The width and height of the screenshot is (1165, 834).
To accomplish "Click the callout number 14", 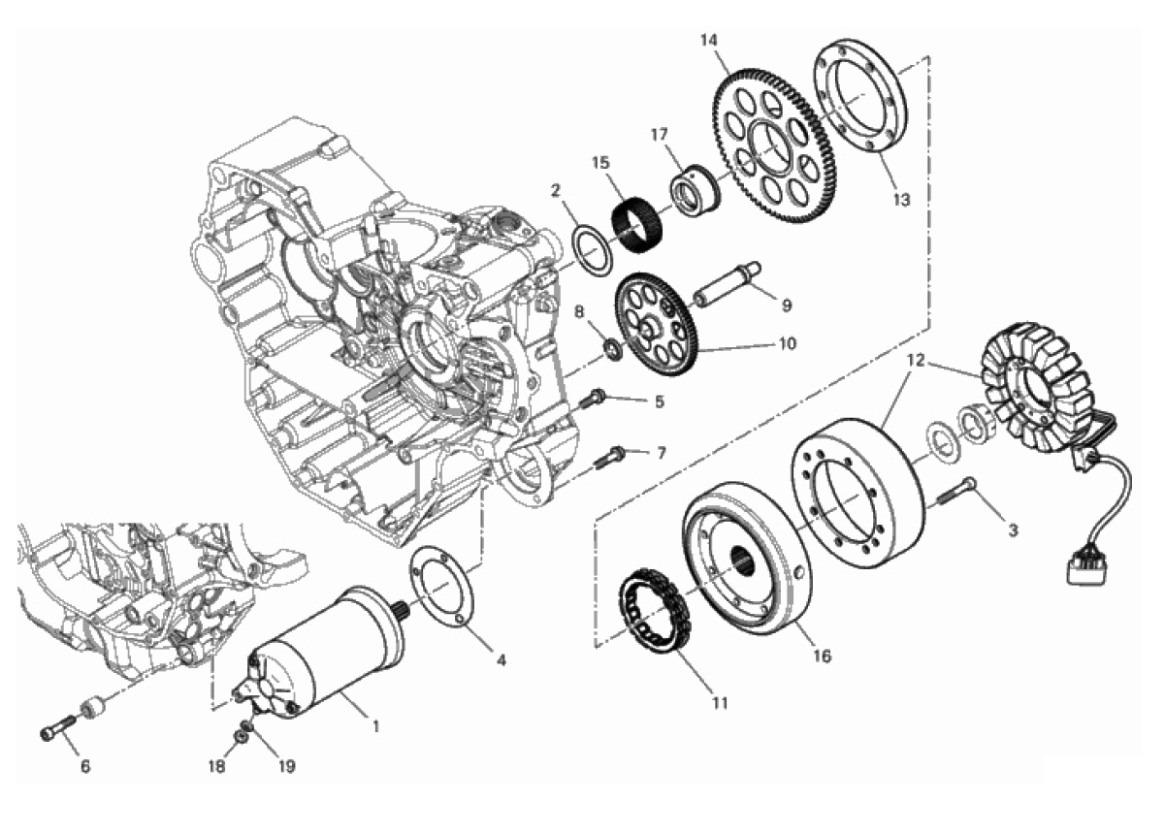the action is tap(709, 41).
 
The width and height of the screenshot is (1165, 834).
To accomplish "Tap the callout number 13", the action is tap(901, 199).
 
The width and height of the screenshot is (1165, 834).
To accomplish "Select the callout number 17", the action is tap(659, 135).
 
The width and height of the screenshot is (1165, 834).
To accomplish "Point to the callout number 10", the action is tap(788, 343).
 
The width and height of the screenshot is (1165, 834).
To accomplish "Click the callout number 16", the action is tap(823, 656).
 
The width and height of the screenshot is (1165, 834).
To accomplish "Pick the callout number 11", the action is tap(720, 703).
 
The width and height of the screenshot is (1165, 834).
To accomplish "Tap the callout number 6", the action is tap(85, 766).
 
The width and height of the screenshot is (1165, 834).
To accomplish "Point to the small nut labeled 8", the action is tap(613, 348).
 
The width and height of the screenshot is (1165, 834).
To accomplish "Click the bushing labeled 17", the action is tap(697, 191).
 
